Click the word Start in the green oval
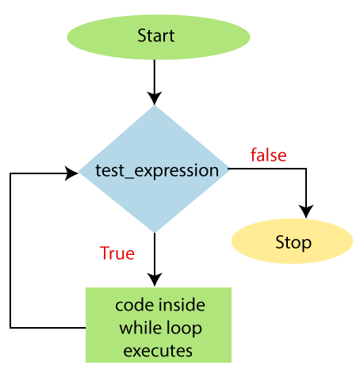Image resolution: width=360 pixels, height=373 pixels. pyautogui.click(x=156, y=36)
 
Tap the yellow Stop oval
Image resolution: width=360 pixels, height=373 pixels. pyautogui.click(x=292, y=241)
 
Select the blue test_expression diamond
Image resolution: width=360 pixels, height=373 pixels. pyautogui.click(x=154, y=169)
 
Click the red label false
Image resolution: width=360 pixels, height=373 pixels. pyautogui.click(x=269, y=154)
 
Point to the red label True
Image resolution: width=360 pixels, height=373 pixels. pyautogui.click(x=117, y=253)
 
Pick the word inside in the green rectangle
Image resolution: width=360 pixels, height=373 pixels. pyautogui.click(x=182, y=305)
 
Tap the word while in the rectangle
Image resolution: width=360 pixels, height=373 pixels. pyautogui.click(x=138, y=328)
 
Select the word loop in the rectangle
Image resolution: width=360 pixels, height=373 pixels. pyautogui.click(x=182, y=329)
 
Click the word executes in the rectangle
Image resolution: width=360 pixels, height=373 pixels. pyautogui.click(x=158, y=351)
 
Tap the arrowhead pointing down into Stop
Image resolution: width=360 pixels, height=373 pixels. pyautogui.click(x=306, y=211)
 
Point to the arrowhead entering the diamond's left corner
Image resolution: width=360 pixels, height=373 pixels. pyautogui.click(x=71, y=173)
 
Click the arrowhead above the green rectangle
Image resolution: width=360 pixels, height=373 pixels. pyautogui.click(x=155, y=280)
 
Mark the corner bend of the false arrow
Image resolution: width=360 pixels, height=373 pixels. pyautogui.click(x=306, y=169)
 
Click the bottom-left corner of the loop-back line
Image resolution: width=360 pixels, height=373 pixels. pyautogui.click(x=10, y=328)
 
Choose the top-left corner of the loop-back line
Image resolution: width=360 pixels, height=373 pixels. pyautogui.click(x=10, y=173)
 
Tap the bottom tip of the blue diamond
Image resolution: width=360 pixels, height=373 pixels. pyautogui.click(x=155, y=233)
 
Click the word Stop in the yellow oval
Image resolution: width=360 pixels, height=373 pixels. pyautogui.click(x=293, y=242)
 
